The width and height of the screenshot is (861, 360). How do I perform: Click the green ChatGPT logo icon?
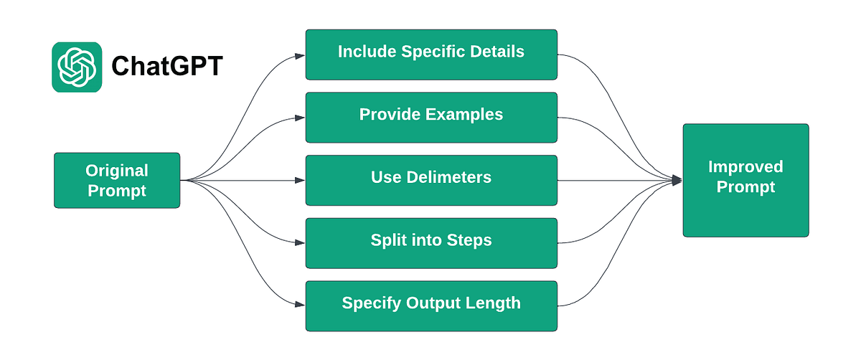(x=77, y=67)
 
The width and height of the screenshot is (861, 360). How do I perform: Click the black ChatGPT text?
(x=167, y=67)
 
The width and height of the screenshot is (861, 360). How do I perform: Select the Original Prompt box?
(x=117, y=180)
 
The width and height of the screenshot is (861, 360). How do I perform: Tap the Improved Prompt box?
(x=745, y=180)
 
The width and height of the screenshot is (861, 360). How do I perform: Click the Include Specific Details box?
(x=431, y=55)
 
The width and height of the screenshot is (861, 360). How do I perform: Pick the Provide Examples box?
(x=431, y=117)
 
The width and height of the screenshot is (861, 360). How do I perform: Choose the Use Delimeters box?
(x=431, y=180)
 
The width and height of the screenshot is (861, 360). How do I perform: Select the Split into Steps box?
(x=431, y=242)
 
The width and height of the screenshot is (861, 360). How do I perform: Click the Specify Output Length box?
(x=431, y=305)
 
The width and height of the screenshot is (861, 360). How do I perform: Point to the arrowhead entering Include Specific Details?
(x=301, y=55)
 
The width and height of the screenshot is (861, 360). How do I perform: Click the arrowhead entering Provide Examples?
(x=301, y=117)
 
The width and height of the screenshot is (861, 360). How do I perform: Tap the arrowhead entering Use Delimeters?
(x=301, y=180)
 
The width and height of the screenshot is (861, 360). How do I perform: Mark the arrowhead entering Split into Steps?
(x=301, y=242)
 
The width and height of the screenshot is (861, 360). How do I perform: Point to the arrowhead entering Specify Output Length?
(x=301, y=305)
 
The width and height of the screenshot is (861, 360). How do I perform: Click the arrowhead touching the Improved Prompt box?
(x=677, y=180)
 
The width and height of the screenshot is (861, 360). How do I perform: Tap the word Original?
(x=117, y=171)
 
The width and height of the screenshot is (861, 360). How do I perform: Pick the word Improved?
(x=745, y=167)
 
